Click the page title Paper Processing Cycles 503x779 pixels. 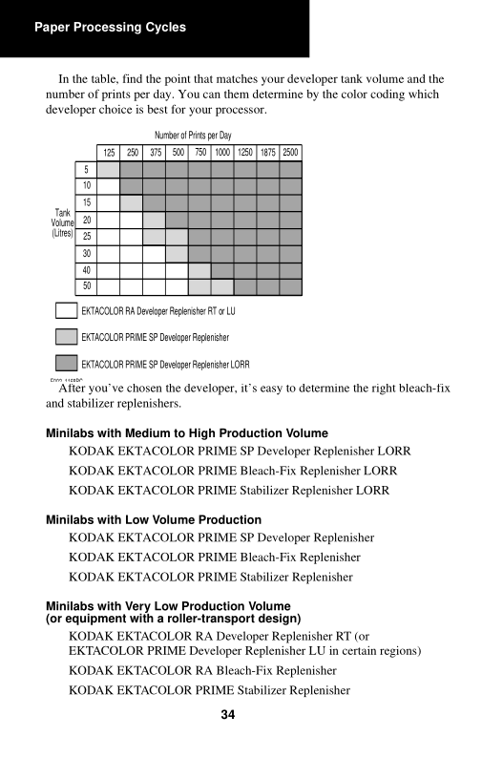[110, 28]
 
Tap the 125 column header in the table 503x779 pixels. [109, 153]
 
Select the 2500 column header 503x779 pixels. [290, 153]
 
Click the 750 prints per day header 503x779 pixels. [200, 153]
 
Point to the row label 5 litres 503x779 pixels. [87, 169]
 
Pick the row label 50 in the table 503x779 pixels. [87, 286]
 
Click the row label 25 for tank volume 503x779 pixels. [87, 237]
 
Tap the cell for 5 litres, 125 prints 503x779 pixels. [108, 169]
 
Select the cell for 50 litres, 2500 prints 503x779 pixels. [290, 287]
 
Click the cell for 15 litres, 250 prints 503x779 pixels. [131, 202]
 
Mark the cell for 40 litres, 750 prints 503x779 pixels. [199, 270]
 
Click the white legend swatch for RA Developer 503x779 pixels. [67, 310]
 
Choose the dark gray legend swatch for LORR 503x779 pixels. [67, 363]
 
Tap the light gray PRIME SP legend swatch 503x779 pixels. [67, 337]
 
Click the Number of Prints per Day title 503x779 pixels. [193, 136]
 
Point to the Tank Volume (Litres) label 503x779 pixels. [63, 223]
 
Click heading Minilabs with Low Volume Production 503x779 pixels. [154, 519]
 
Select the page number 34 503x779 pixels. [228, 714]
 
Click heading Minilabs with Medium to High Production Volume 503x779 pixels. [187, 433]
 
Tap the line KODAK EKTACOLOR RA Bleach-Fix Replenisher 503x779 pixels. [202, 671]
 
